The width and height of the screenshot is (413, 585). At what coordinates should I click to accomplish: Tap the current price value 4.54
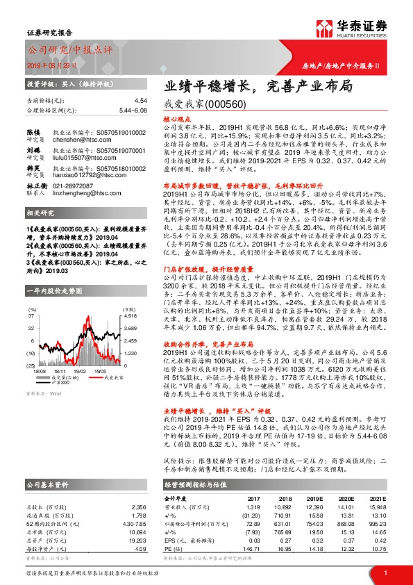142,101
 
